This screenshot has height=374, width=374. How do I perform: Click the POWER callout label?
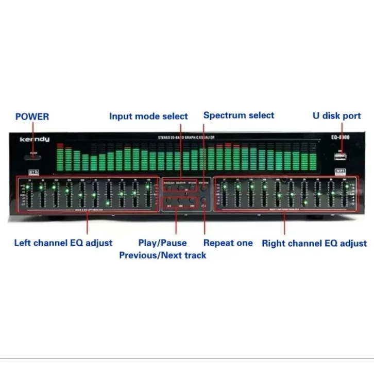(x=32, y=116)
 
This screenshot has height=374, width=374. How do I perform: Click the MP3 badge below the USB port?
(x=339, y=171)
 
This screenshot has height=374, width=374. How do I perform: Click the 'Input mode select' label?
(x=148, y=116)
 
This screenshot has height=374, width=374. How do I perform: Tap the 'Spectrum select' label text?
(x=239, y=115)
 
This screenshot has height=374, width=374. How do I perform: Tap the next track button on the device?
(x=192, y=202)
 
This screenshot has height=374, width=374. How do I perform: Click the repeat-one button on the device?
(x=206, y=202)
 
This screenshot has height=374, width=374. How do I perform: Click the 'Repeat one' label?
(x=228, y=243)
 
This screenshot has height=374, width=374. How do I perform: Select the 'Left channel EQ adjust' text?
(x=63, y=243)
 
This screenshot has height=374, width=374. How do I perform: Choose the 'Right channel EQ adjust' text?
(x=314, y=243)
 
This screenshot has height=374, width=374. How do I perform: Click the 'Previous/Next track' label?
(x=163, y=255)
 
